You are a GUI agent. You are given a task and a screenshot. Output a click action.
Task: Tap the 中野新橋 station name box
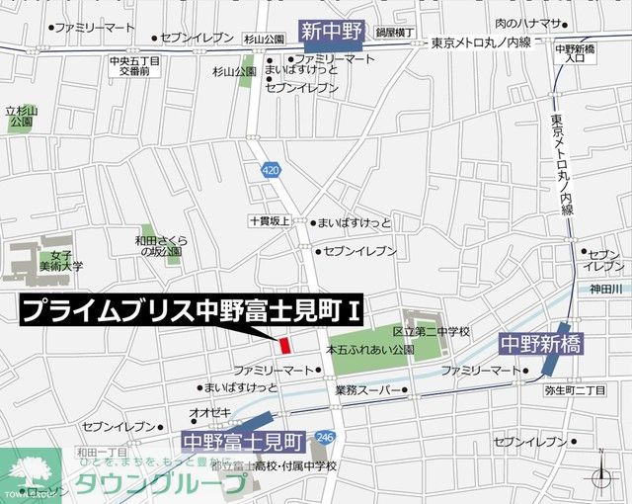click(x=540, y=344)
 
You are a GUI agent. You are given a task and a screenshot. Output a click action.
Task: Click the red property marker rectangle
click(x=283, y=346)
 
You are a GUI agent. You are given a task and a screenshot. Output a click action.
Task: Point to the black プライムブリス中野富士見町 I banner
click(x=193, y=311)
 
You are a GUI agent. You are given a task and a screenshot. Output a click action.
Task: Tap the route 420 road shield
click(x=271, y=170)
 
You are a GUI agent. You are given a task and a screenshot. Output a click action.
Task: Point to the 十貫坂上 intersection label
click(x=270, y=223)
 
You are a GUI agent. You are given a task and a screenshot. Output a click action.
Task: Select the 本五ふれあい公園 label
click(x=370, y=350)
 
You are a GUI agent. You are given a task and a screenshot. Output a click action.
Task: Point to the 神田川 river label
click(x=606, y=289)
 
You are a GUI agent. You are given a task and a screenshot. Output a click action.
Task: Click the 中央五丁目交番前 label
click(x=135, y=65)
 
